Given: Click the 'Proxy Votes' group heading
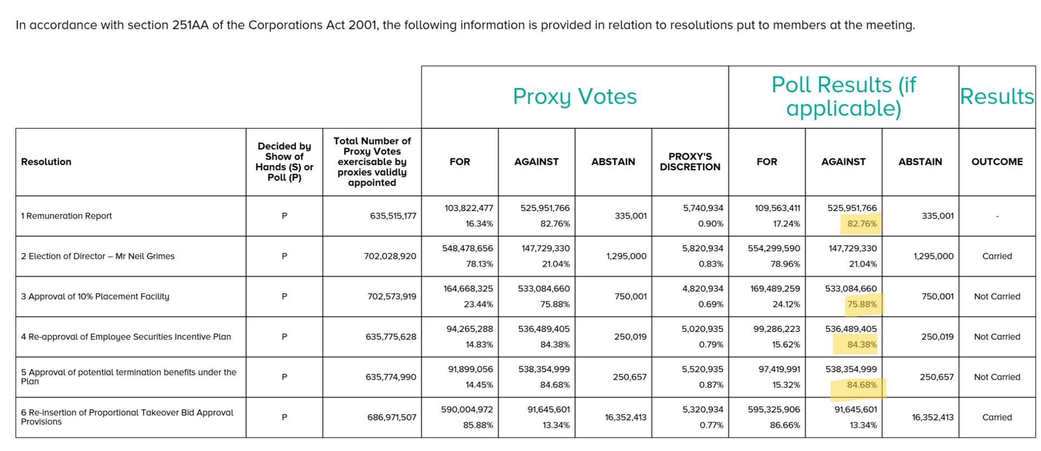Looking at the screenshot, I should [574, 97].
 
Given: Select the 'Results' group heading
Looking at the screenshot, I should [997, 97].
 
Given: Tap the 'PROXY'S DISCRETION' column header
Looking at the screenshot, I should [690, 162].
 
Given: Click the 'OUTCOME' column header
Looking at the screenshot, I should [997, 162].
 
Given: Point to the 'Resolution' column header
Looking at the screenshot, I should [46, 162].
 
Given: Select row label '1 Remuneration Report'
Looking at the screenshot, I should [66, 216].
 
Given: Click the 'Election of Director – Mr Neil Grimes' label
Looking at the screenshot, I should [101, 256].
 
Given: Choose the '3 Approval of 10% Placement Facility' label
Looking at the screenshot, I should [95, 296].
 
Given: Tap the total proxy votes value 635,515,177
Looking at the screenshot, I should [393, 216].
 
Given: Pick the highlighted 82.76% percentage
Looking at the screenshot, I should [862, 224].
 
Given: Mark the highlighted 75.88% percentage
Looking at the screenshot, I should [862, 304].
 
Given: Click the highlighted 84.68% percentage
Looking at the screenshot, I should [862, 385].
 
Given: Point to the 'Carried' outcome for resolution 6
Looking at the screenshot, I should [997, 417].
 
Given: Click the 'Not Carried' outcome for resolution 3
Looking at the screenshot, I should [997, 296].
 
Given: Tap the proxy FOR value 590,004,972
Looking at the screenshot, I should [467, 409].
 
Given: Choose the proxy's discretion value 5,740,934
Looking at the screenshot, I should [703, 208].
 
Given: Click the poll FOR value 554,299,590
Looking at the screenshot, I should [774, 248].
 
